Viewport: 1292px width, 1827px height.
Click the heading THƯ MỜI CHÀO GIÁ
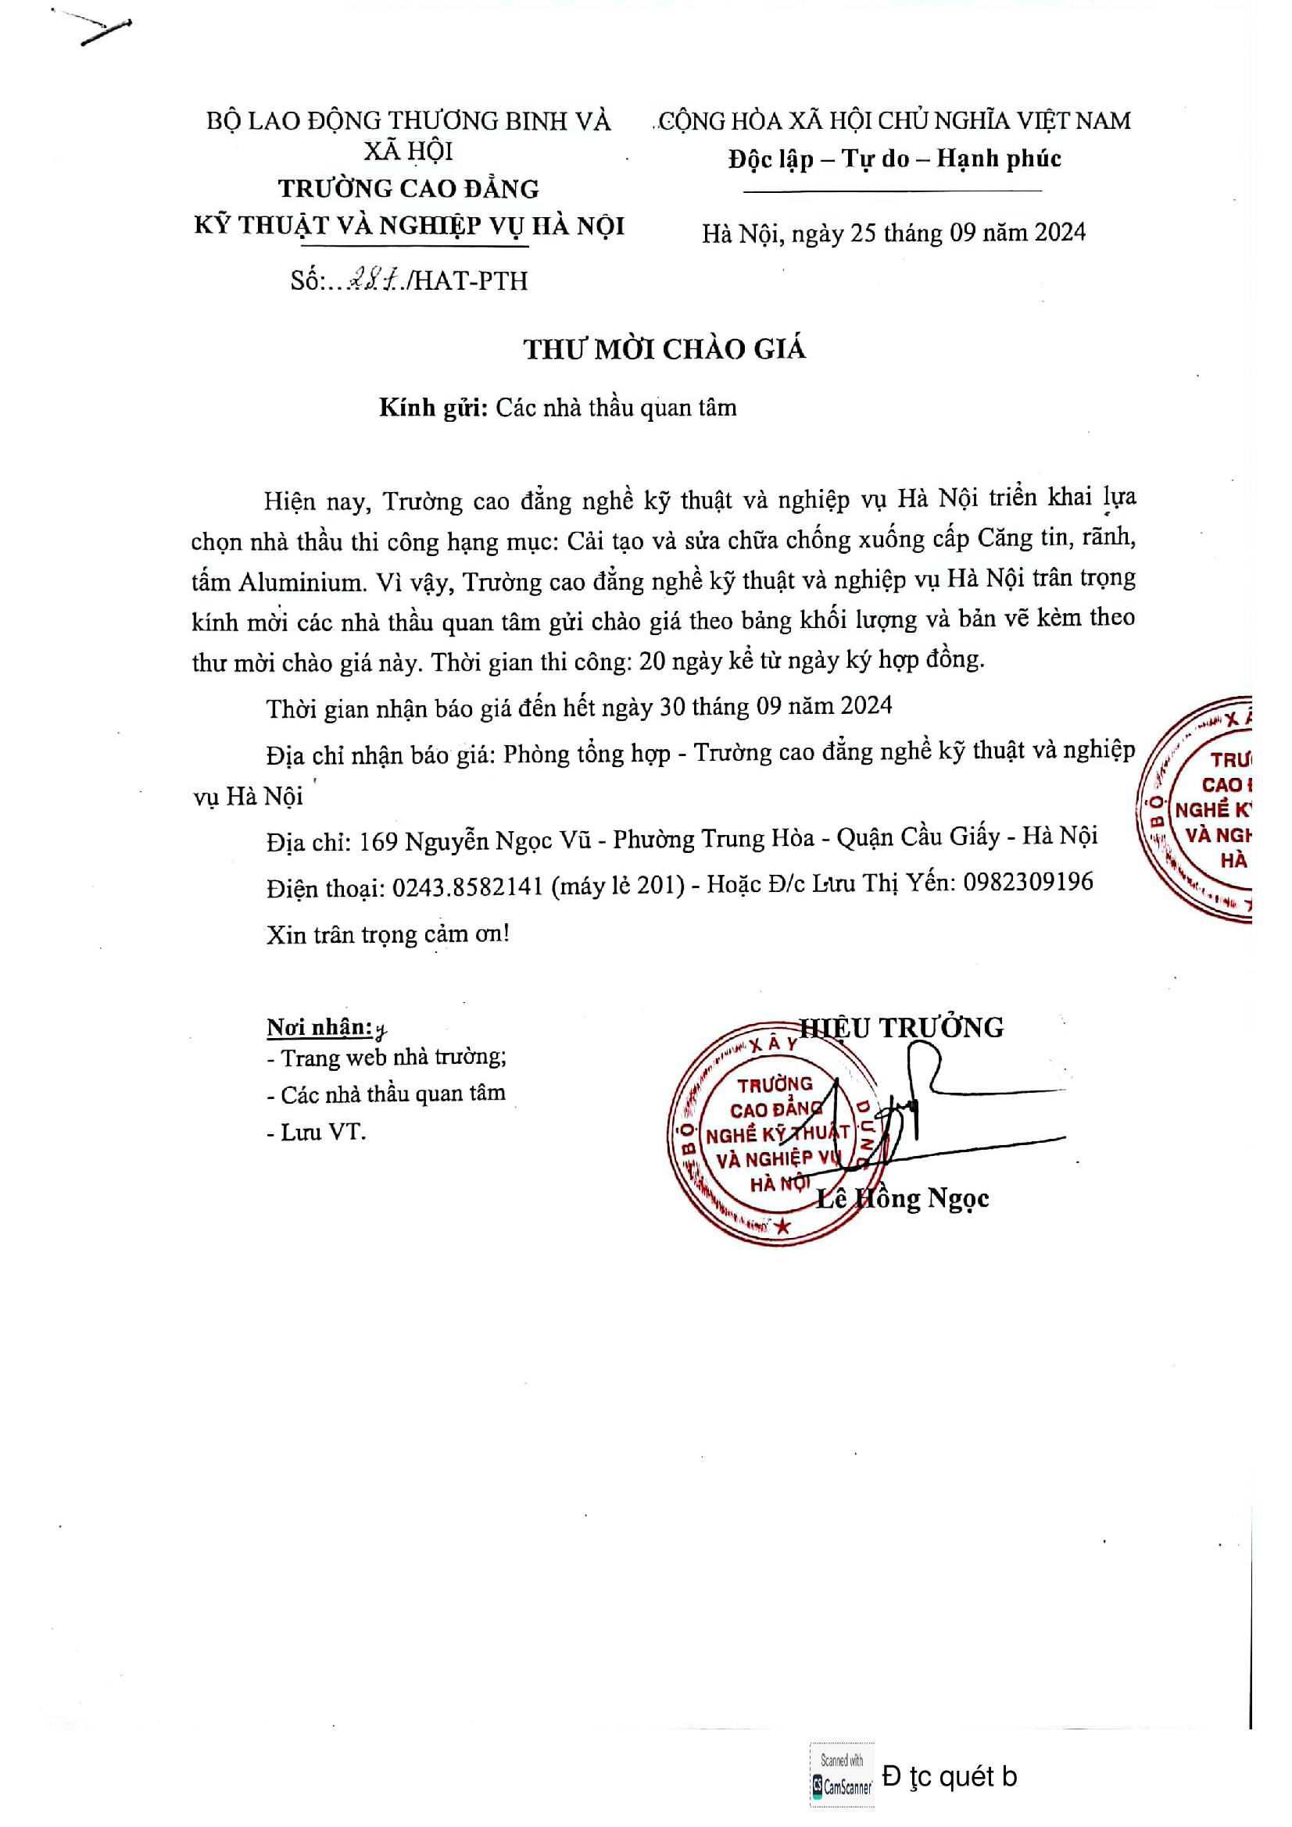pos(664,349)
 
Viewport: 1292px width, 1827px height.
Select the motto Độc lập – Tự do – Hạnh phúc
pos(894,159)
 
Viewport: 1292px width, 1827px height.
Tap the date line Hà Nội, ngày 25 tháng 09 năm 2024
pos(893,233)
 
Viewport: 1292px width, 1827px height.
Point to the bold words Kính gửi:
pos(433,408)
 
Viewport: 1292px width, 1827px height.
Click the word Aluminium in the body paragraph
pos(302,583)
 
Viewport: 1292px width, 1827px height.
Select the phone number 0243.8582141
pos(467,887)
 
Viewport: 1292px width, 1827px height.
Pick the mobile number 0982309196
pos(1028,882)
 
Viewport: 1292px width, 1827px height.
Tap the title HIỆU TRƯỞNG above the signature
pos(902,1027)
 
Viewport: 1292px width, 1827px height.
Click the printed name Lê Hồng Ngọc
pos(903,1197)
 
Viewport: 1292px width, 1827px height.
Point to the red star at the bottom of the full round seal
pos(782,1226)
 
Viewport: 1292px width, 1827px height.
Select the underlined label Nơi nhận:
pos(319,1027)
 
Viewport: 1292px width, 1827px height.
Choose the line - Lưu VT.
pos(316,1133)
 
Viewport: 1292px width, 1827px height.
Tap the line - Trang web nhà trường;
pos(386,1058)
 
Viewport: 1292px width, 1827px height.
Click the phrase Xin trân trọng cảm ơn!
pos(388,933)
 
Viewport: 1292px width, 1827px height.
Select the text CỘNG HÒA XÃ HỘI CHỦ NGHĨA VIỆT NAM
pos(894,121)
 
